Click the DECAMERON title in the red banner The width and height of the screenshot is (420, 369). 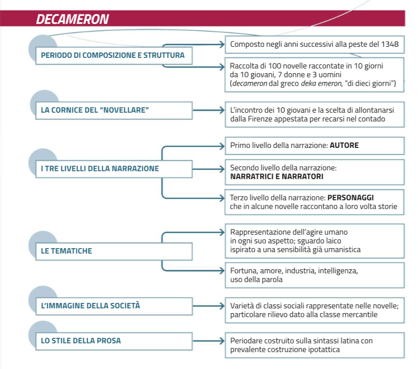pyautogui.click(x=72, y=19)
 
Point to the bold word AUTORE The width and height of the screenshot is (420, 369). pyautogui.click(x=344, y=145)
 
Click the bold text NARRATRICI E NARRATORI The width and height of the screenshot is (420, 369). pyautogui.click(x=277, y=177)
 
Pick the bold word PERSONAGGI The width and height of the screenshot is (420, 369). pyautogui.click(x=351, y=198)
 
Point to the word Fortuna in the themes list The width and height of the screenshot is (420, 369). pyautogui.click(x=243, y=271)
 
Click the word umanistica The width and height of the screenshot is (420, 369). pyautogui.click(x=341, y=250)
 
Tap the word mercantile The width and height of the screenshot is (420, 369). pyautogui.click(x=361, y=315)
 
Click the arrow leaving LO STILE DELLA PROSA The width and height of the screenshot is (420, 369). pyautogui.click(x=208, y=341)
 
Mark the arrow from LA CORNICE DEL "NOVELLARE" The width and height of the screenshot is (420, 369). pyautogui.click(x=208, y=110)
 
